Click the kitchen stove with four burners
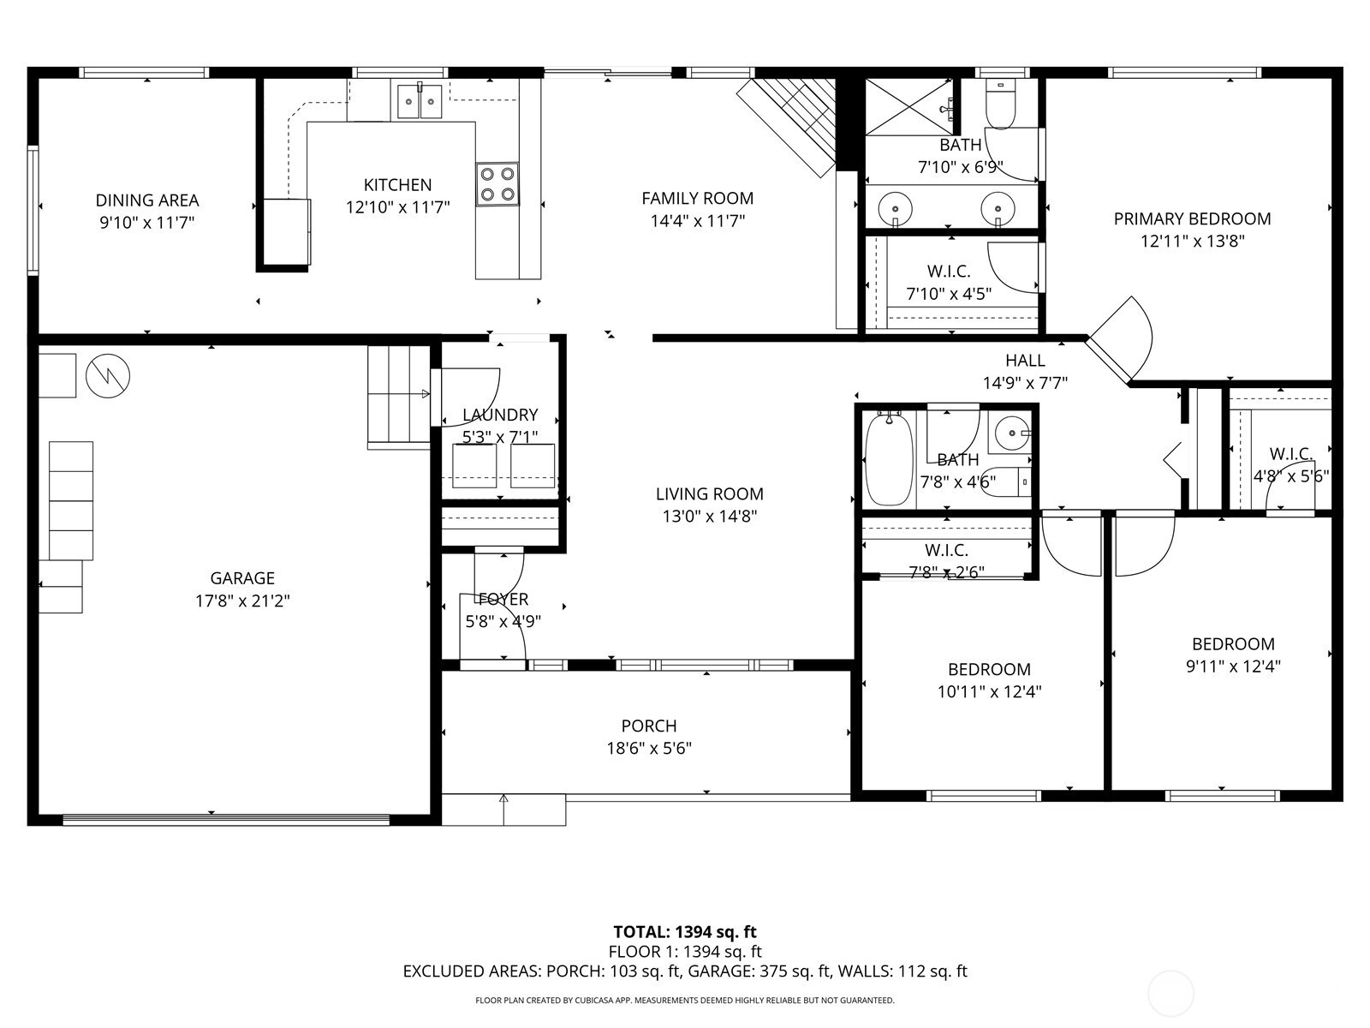[497, 184]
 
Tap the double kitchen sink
[420, 100]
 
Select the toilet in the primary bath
[1000, 105]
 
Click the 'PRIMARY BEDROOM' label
[1192, 219]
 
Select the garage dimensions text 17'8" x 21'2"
[243, 601]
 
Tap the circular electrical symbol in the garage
[108, 376]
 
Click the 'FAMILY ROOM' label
[698, 199]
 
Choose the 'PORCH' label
[649, 726]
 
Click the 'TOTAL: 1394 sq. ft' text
[685, 932]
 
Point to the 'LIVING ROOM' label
[710, 494]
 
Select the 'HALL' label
[1025, 361]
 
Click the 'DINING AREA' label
[147, 200]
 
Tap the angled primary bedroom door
[1120, 340]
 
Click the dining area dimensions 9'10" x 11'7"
[147, 223]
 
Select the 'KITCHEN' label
[397, 185]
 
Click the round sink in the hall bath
[1012, 433]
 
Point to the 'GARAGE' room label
[243, 578]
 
